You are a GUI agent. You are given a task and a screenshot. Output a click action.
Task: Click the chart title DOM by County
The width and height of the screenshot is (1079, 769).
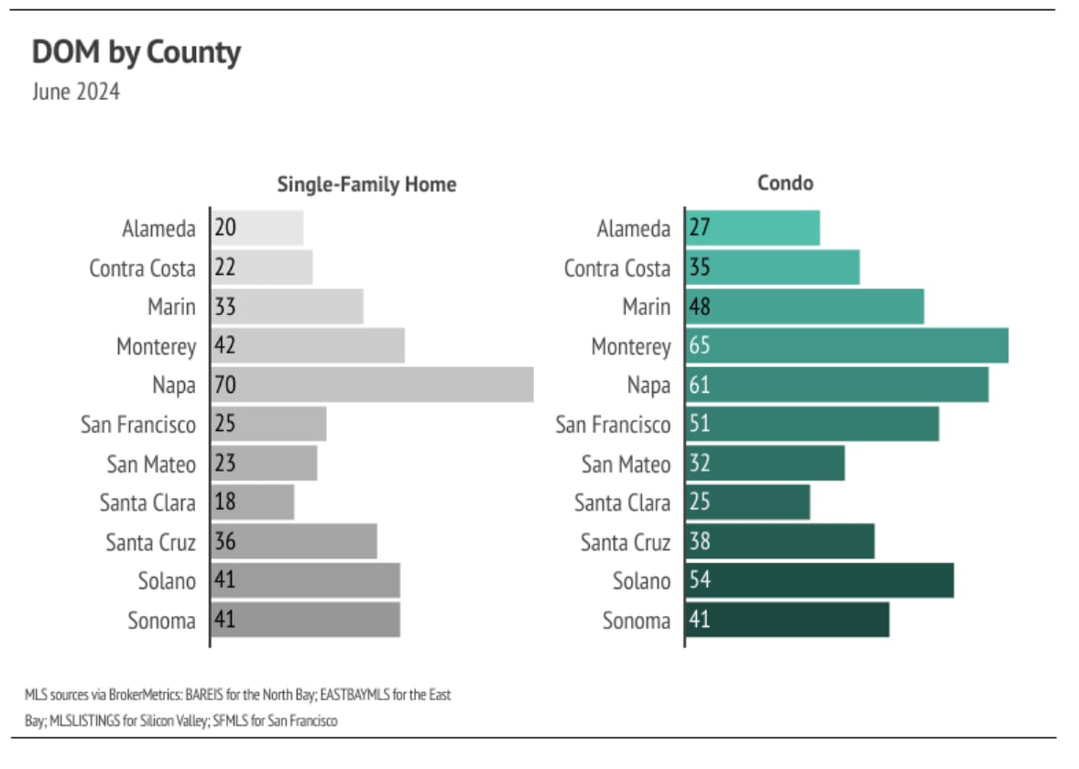(x=136, y=52)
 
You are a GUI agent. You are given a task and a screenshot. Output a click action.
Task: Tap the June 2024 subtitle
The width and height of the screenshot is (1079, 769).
(x=76, y=92)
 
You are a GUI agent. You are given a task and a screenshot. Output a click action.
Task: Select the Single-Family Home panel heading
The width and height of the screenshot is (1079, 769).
(x=366, y=184)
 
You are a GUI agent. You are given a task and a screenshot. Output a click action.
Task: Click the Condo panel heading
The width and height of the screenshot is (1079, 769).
(x=785, y=183)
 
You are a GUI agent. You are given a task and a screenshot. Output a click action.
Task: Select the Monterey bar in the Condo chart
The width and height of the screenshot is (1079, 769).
(x=846, y=346)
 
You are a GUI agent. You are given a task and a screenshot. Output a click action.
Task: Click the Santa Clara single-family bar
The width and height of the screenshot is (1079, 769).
(x=253, y=502)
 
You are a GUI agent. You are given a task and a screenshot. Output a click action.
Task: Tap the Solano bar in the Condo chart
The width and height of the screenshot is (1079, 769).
(x=819, y=580)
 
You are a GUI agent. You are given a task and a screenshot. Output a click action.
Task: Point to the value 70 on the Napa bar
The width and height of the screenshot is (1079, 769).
(x=225, y=385)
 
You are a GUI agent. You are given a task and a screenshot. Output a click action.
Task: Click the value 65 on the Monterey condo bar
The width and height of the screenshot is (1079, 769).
(x=700, y=346)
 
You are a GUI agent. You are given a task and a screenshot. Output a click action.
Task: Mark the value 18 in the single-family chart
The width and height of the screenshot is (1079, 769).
(x=225, y=502)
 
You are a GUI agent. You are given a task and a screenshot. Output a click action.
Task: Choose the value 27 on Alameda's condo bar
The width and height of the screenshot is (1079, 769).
(x=700, y=228)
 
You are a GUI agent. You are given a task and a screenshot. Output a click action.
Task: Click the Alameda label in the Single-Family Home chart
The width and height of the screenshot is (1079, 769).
(x=158, y=229)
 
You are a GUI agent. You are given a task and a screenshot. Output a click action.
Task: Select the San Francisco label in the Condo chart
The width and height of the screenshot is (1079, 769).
(x=613, y=425)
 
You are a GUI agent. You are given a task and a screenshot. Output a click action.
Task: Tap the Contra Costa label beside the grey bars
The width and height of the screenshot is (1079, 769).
(x=142, y=268)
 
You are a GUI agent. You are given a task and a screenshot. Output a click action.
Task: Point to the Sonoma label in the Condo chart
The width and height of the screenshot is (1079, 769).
(x=636, y=621)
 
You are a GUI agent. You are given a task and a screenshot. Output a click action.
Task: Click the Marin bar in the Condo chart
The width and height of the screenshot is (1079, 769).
(x=804, y=307)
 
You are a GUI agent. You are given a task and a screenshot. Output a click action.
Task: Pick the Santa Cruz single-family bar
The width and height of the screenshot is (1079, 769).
(x=294, y=541)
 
